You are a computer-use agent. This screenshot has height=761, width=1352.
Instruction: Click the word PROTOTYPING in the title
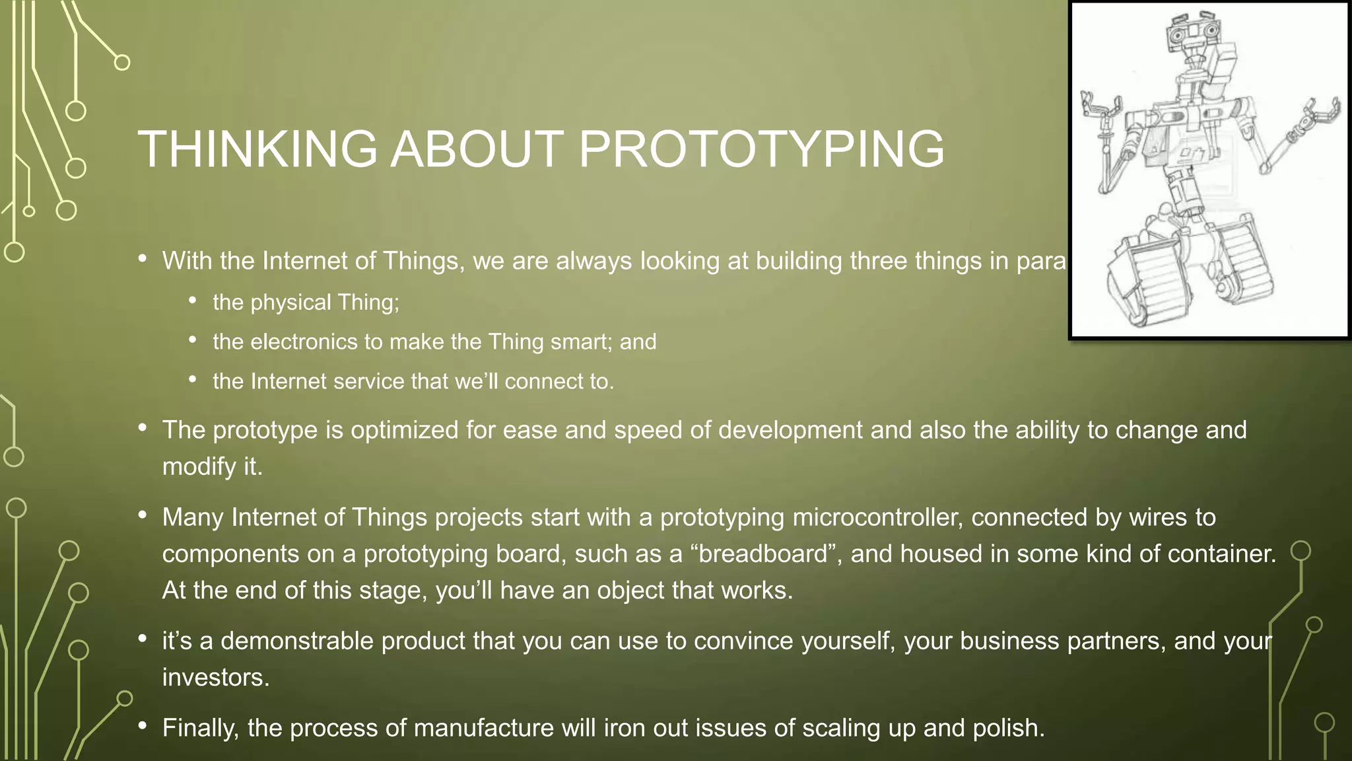point(761,149)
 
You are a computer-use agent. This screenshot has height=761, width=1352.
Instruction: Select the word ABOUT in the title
point(477,149)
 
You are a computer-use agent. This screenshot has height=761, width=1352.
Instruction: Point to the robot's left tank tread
point(1145,284)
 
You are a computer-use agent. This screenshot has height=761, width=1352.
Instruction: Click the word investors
point(215,678)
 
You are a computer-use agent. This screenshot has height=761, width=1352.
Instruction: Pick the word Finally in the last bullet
point(200,728)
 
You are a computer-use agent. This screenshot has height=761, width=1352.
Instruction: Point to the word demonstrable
point(296,641)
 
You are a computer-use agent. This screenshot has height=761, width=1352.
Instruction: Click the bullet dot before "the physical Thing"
point(193,301)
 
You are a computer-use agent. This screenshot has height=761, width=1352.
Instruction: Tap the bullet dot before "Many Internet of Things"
point(143,516)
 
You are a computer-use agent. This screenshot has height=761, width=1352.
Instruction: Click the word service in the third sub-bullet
point(368,381)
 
